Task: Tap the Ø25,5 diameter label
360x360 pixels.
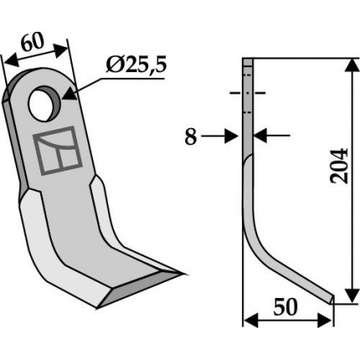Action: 136,65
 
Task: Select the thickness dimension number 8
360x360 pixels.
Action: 191,136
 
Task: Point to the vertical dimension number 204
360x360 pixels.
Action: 339,166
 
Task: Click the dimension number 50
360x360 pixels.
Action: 285,307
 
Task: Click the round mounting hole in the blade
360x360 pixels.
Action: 44,104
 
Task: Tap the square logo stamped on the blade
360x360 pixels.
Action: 58,151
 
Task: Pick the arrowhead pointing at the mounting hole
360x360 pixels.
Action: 69,93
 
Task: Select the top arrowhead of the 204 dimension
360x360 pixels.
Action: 352,65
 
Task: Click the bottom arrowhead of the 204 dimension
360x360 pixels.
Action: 352,296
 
